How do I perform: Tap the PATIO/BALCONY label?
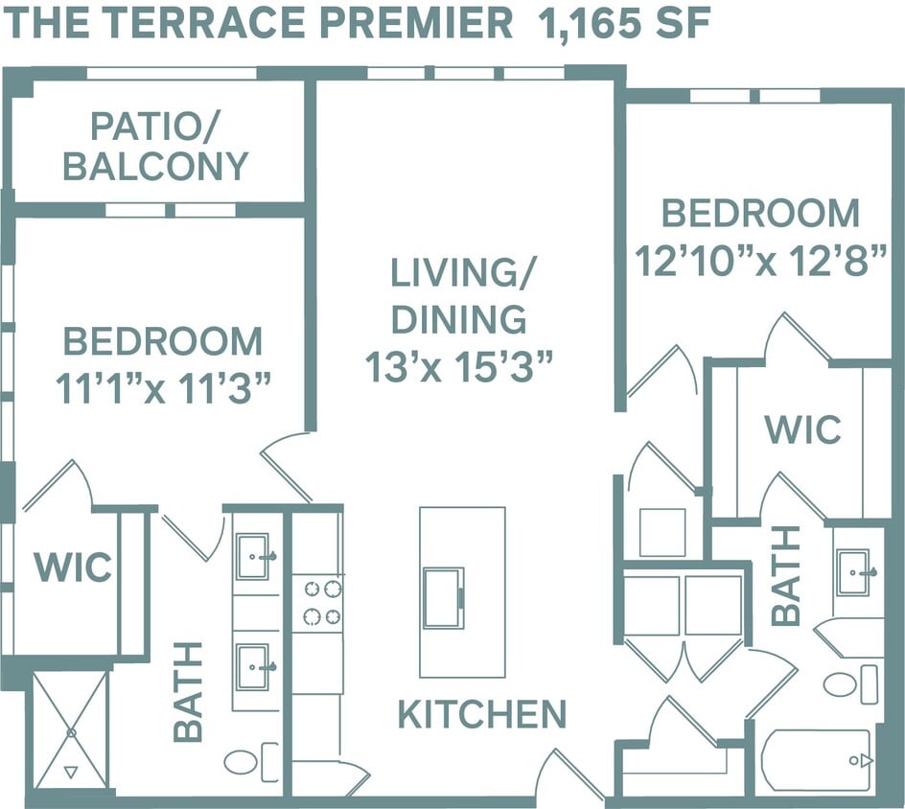click(x=155, y=146)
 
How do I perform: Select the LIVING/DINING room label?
click(x=459, y=295)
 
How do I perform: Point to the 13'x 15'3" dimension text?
click(x=459, y=366)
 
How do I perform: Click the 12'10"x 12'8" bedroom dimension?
click(x=760, y=261)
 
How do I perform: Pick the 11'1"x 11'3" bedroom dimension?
click(x=162, y=389)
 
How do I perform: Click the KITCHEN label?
click(x=482, y=714)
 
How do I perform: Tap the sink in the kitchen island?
click(x=443, y=598)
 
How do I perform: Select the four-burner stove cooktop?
click(x=317, y=603)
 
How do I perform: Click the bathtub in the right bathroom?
click(x=817, y=760)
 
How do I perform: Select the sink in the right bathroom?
click(x=854, y=572)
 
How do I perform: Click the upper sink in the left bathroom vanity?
click(x=254, y=557)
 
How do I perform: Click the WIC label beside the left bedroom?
click(x=73, y=566)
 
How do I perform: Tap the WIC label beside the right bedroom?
click(x=802, y=429)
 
